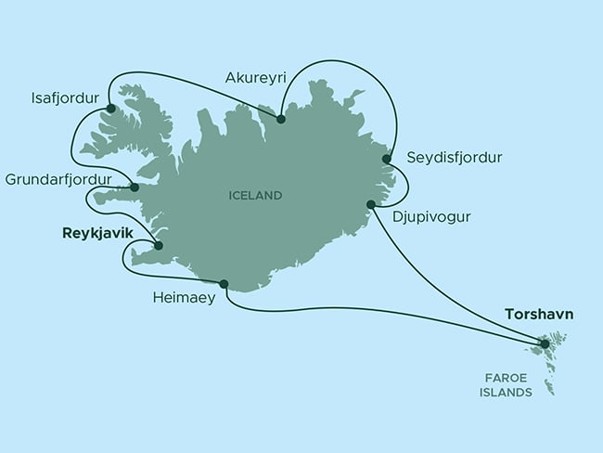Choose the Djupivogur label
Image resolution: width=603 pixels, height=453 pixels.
click(x=432, y=219)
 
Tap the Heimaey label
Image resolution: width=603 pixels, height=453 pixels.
click(x=186, y=299)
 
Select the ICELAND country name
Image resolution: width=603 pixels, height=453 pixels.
click(x=254, y=196)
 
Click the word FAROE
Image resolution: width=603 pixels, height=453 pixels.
click(x=508, y=378)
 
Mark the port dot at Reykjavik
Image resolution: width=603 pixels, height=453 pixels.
click(x=158, y=246)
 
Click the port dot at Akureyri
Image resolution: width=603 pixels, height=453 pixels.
click(x=281, y=119)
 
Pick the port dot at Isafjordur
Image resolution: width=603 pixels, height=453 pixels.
click(x=110, y=109)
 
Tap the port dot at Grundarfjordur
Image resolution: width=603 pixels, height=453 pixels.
click(x=135, y=188)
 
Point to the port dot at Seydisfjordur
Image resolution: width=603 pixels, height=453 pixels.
click(x=386, y=160)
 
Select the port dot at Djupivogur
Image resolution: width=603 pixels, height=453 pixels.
click(x=371, y=204)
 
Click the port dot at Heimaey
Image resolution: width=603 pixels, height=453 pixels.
click(x=224, y=283)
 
